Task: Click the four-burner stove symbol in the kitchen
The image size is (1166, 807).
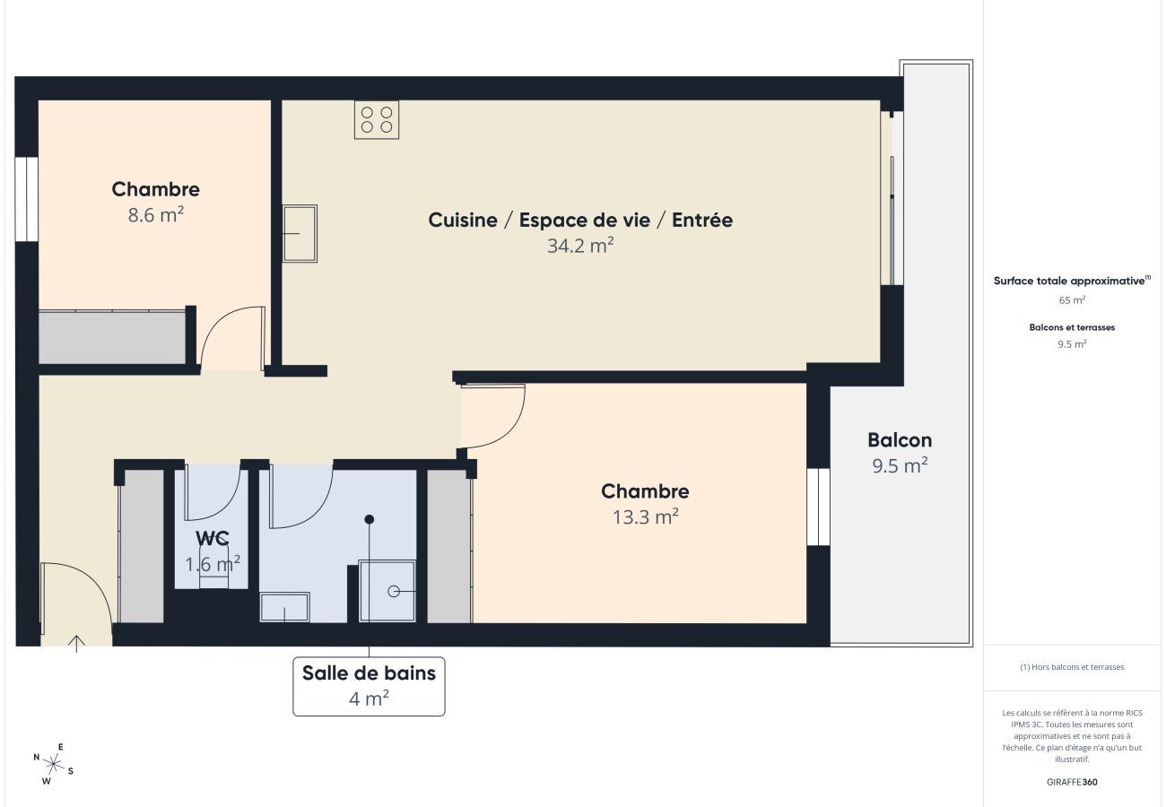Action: [377, 119]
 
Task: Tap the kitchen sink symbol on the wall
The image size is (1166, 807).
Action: [300, 234]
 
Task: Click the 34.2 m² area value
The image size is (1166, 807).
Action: [579, 246]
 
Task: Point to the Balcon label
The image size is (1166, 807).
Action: [899, 440]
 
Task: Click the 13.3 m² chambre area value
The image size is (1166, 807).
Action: [644, 516]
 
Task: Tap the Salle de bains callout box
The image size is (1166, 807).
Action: [369, 686]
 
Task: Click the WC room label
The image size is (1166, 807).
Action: [213, 538]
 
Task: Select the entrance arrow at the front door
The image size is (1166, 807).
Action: [76, 642]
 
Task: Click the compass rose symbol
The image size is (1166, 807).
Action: [54, 764]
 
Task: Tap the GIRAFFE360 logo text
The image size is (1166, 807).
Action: [1072, 782]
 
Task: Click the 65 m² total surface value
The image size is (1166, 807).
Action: [1072, 300]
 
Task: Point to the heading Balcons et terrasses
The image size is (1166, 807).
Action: [1072, 327]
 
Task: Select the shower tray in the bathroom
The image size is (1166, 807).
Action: [387, 591]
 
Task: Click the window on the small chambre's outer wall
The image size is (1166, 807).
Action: [27, 199]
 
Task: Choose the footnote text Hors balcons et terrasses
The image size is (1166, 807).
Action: [1072, 667]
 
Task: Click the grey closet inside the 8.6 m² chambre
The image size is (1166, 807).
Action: [112, 337]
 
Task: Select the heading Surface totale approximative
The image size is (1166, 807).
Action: [1069, 281]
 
